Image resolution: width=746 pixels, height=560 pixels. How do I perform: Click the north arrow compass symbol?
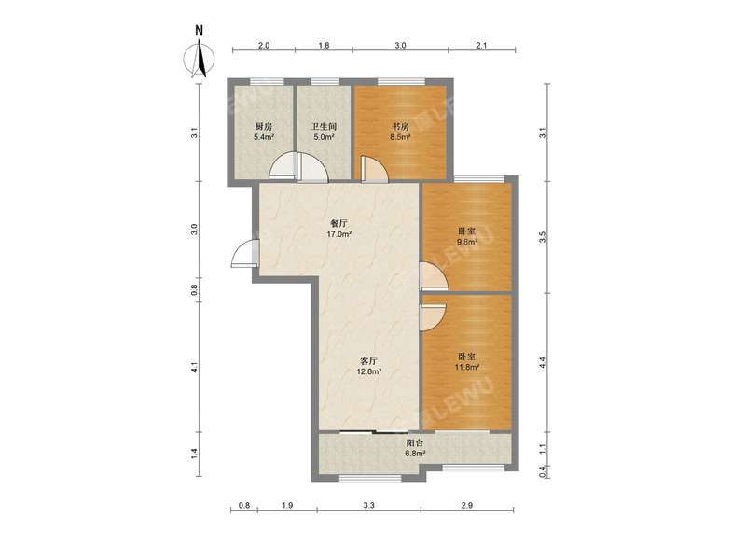click(x=199, y=53)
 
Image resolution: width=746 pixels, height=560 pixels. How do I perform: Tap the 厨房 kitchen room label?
click(x=263, y=127)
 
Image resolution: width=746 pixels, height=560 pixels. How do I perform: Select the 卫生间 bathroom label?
click(x=324, y=127)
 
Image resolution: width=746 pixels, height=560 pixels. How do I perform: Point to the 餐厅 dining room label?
click(x=338, y=223)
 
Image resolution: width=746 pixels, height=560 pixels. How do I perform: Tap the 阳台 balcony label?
click(x=415, y=443)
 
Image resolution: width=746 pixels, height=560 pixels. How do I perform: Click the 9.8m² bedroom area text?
click(x=466, y=242)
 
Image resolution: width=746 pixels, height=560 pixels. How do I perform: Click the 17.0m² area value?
click(x=338, y=234)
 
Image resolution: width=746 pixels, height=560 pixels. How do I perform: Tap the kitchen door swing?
click(x=281, y=168)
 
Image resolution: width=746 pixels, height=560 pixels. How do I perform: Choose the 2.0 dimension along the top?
click(x=264, y=45)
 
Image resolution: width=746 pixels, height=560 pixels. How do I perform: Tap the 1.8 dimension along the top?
click(x=324, y=45)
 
